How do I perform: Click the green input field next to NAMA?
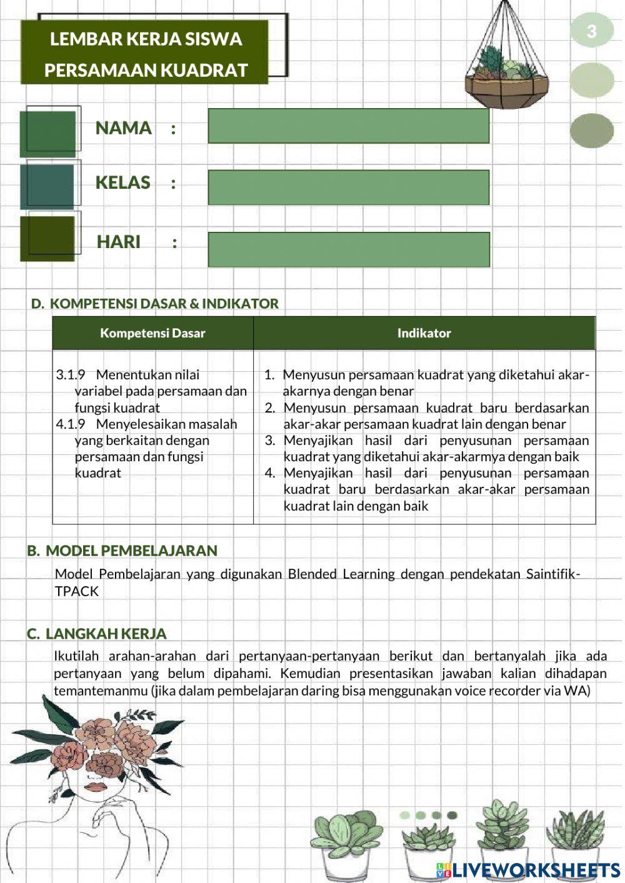348,126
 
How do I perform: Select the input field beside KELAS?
348,187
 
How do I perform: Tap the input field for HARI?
348,249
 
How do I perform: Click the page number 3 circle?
591,31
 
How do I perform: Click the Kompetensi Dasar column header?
152,333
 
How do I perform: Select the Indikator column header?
424,333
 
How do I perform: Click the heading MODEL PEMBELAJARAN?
131,551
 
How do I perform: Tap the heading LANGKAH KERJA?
106,634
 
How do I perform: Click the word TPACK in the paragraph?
76,591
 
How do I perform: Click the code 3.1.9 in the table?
70,375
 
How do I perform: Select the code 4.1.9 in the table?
70,424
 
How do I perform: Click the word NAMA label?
123,128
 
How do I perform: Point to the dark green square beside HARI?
47,238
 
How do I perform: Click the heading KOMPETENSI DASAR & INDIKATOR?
164,304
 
